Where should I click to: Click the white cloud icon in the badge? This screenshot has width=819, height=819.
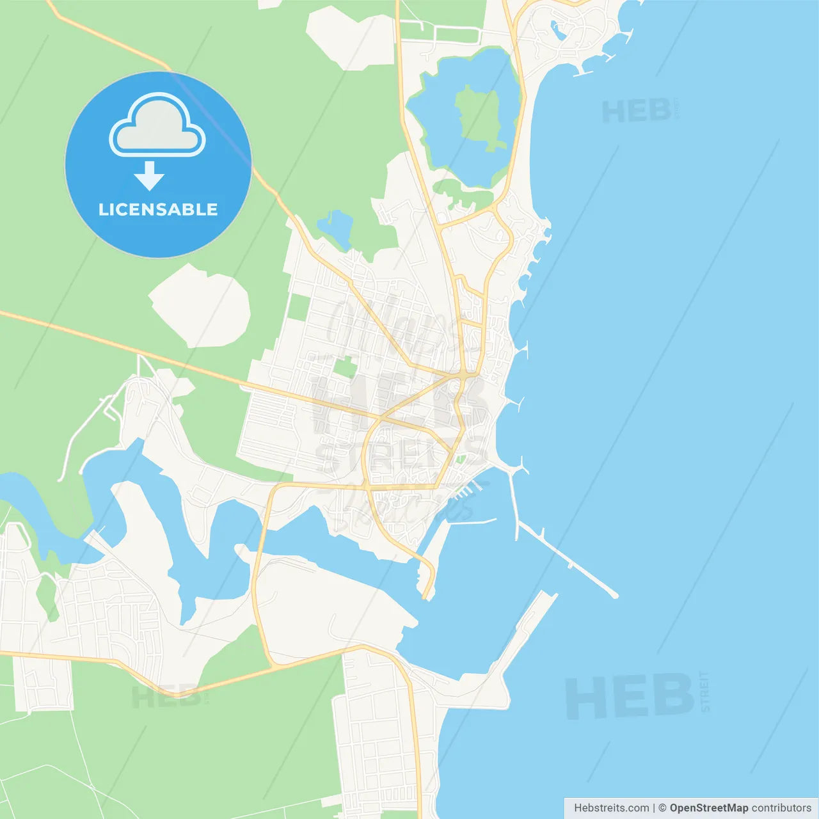pos(157,126)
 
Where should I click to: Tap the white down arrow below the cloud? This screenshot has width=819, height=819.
pos(149,176)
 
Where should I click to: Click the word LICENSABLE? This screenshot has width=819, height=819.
pos(158,209)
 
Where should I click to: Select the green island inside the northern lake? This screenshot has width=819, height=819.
pos(479,116)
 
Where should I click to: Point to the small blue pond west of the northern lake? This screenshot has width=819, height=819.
pos(336,226)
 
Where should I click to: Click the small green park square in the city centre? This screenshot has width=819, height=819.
pos(346,367)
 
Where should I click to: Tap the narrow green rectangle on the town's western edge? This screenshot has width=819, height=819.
pos(298,306)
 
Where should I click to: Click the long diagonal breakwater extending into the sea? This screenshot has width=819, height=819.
pos(569,561)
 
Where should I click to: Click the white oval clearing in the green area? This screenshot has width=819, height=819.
pos(201,306)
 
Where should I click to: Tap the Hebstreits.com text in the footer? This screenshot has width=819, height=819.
pos(611,808)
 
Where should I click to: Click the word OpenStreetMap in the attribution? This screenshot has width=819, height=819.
pos(708,808)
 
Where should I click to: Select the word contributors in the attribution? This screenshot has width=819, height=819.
pos(781,808)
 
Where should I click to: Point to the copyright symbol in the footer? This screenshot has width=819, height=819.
pos(662,808)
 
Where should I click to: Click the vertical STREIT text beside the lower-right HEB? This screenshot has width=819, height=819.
pos(705,692)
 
